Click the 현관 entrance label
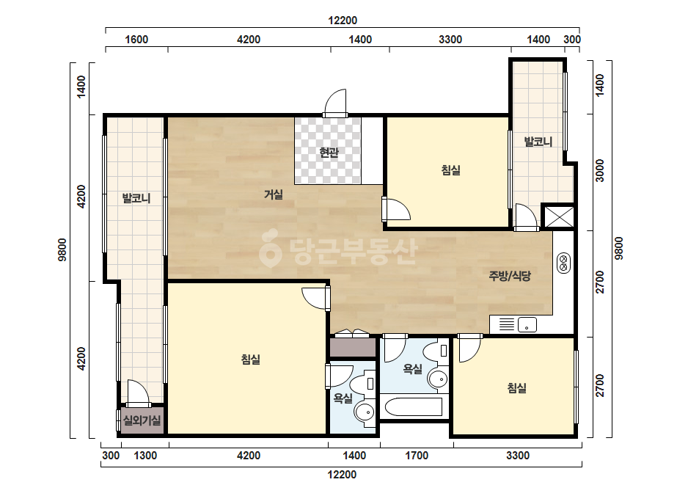tap(329, 152)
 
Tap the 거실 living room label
tap(274, 194)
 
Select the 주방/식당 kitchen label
tap(510, 276)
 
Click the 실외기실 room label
tap(142, 420)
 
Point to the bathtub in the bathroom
tap(413, 406)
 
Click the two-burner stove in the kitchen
tap(563, 263)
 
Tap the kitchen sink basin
tap(527, 324)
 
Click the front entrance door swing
tap(335, 103)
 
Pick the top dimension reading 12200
tap(343, 21)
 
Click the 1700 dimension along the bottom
tap(417, 456)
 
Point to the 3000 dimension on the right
tap(599, 170)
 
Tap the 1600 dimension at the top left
tap(136, 40)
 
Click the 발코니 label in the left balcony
tap(136, 198)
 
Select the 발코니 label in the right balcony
tap(538, 142)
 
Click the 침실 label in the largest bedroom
tap(251, 359)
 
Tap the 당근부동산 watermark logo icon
tap(270, 248)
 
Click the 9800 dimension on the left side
tap(62, 249)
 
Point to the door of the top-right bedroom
tap(395, 209)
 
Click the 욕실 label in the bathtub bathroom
tap(413, 368)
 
